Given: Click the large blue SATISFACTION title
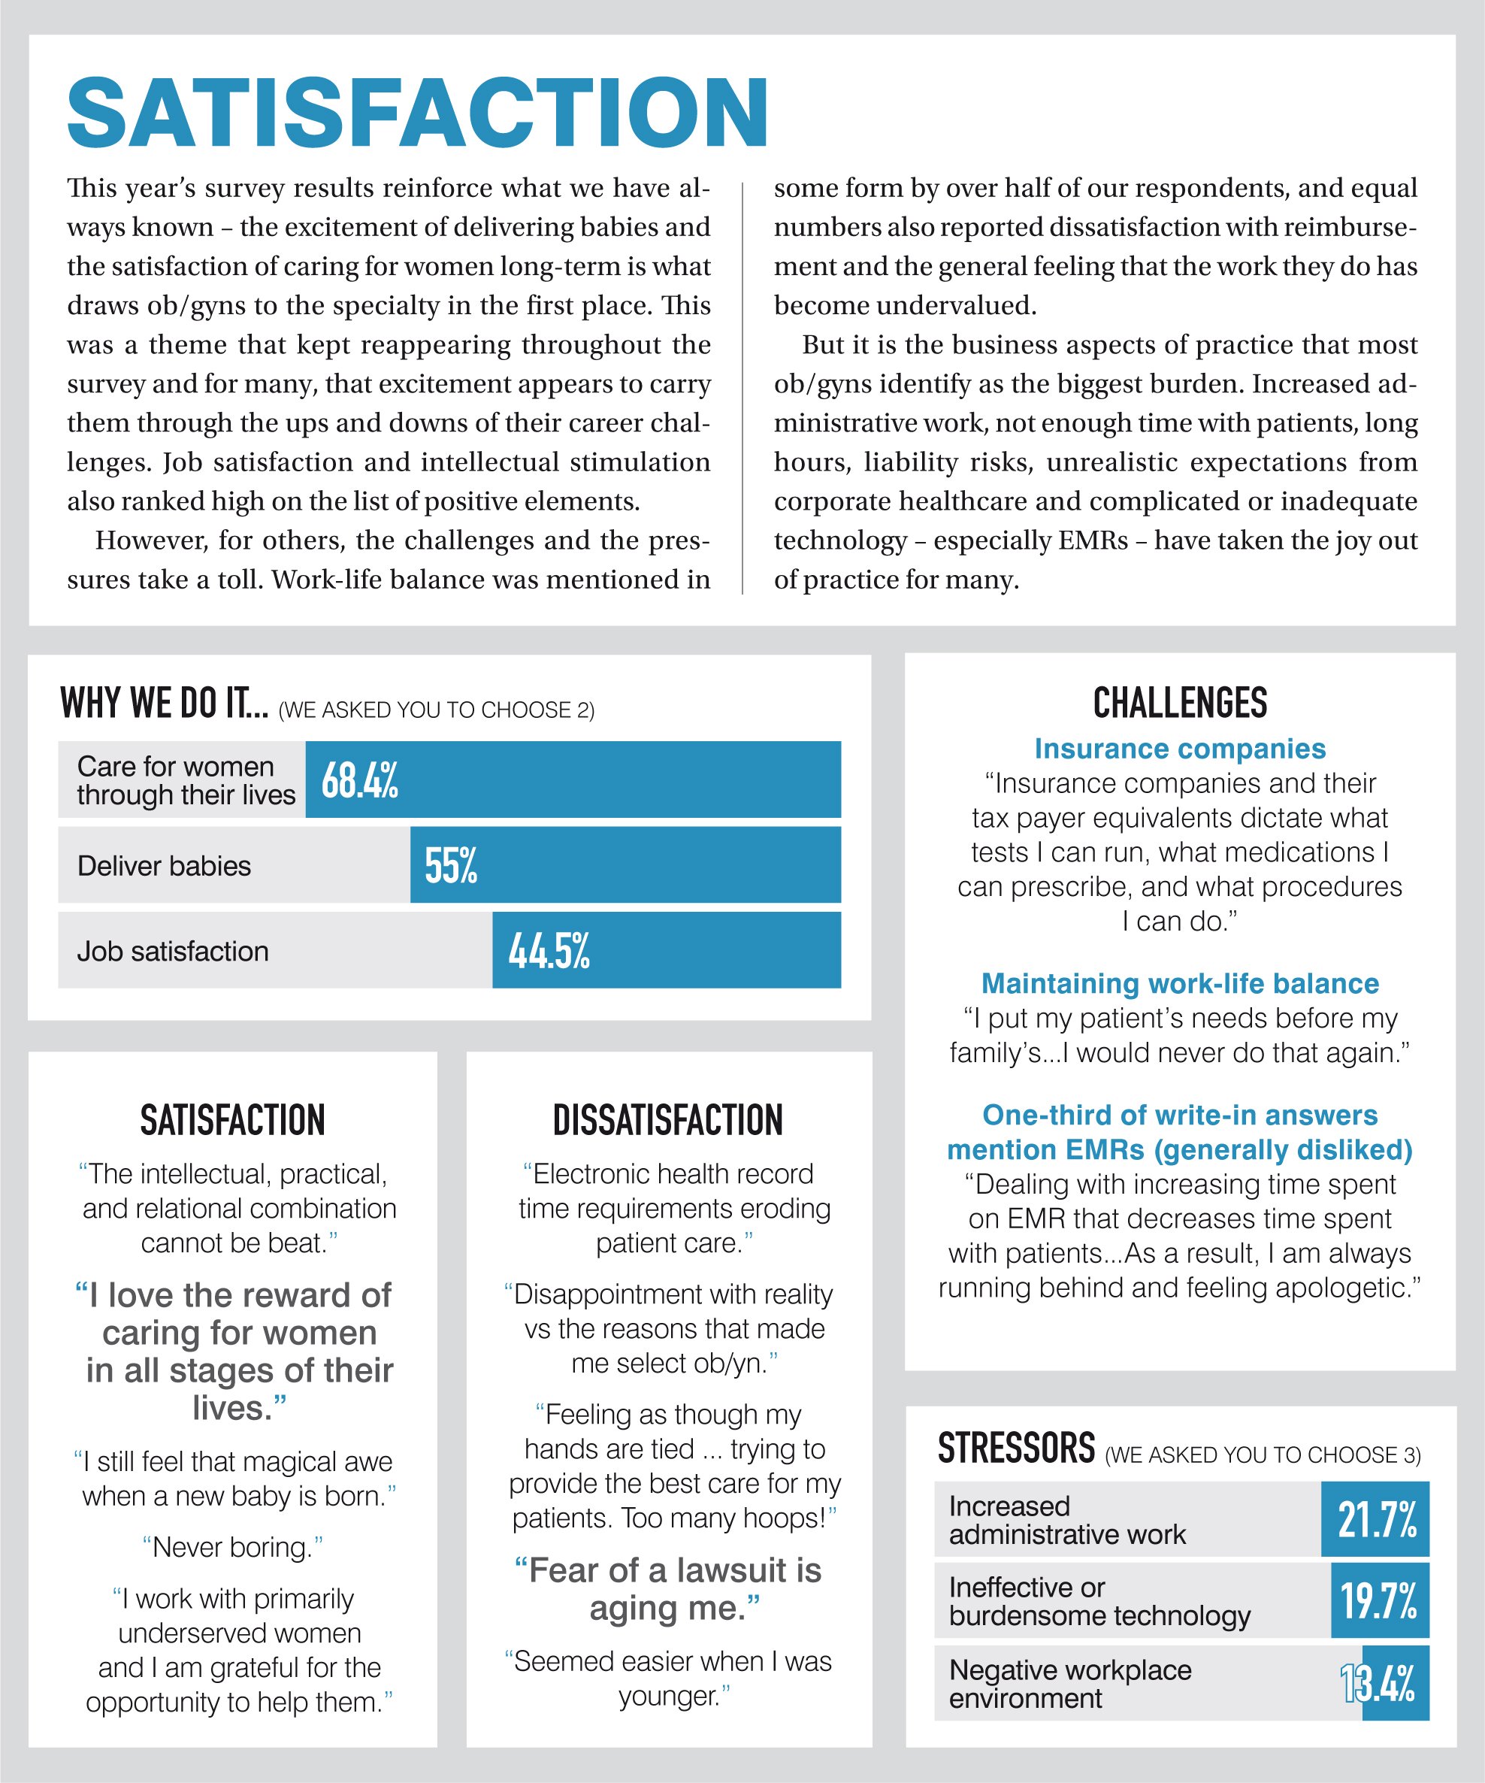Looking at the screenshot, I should (x=418, y=113).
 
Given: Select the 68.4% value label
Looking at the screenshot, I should (x=359, y=780).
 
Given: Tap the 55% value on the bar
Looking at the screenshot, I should (x=451, y=865).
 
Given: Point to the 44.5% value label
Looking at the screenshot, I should (x=549, y=950).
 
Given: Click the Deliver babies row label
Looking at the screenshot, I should (x=164, y=866).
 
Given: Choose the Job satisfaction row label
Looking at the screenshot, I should (x=172, y=951).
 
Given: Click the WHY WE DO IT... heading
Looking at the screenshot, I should (x=164, y=704).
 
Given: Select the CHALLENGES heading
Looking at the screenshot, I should (x=1179, y=704).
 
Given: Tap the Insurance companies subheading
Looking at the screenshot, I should (x=1179, y=749).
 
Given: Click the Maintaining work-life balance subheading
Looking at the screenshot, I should (x=1179, y=983).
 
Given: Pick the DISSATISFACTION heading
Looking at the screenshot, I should (x=668, y=1121).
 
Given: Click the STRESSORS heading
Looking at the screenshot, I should (x=1016, y=1448).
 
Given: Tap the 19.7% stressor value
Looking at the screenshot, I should (x=1379, y=1600).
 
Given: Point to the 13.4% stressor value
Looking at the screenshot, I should (x=1378, y=1683).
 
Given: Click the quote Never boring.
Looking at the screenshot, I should (x=234, y=1547).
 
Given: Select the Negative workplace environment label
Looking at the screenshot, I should (x=1070, y=1684).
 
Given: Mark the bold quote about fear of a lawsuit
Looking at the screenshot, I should (x=668, y=1588).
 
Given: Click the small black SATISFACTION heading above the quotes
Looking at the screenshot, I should (x=233, y=1121).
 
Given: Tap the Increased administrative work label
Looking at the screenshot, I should (x=1066, y=1520).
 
